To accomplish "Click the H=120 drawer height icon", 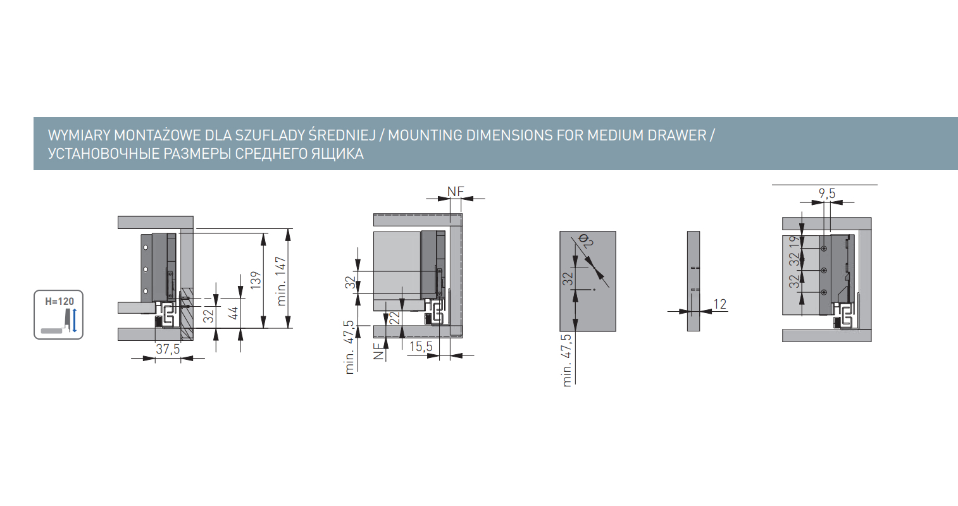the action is coord(59,315).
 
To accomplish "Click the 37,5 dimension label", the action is coord(168,349).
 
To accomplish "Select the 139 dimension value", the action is coord(256,280).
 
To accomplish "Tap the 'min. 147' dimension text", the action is coord(280,281).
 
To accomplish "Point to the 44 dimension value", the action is coord(233,313).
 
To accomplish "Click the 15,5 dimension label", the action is coord(421,347).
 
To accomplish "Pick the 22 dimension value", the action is coord(394,318).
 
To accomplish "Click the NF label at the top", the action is coord(456,192).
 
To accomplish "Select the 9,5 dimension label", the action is coord(827,194).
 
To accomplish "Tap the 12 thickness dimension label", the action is coord(720,304).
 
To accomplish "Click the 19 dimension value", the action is coord(794,242).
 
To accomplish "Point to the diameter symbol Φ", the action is coord(583,237).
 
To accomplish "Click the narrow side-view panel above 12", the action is coord(694,281).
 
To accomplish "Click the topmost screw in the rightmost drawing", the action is coord(824,249).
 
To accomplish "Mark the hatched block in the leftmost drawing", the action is coord(187,313).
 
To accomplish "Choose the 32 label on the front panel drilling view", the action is coord(568,279).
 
